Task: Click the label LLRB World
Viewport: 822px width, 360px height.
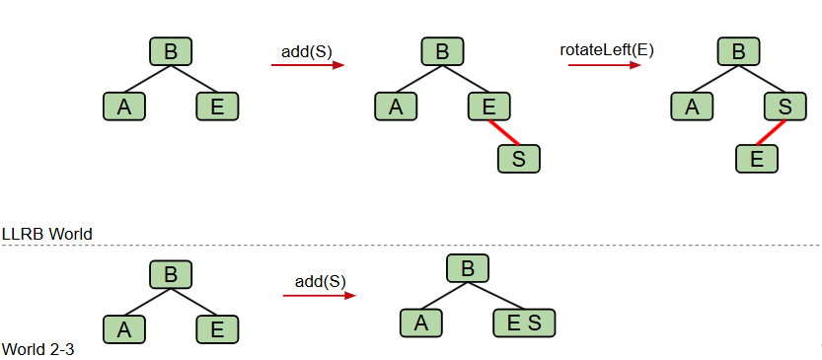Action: pyautogui.click(x=47, y=235)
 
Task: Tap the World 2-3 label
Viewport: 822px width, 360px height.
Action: pyautogui.click(x=40, y=350)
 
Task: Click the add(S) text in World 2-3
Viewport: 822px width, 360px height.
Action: pyautogui.click(x=321, y=281)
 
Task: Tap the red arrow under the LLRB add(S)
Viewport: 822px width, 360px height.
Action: pyautogui.click(x=307, y=66)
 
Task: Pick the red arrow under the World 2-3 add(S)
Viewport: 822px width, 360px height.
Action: pyautogui.click(x=319, y=295)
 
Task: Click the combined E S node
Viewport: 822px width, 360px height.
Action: pyautogui.click(x=524, y=322)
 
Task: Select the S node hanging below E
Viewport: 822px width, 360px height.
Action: pyautogui.click(x=519, y=159)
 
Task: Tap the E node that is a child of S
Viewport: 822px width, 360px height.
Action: pyautogui.click(x=757, y=158)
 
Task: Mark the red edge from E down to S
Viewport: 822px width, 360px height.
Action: pyautogui.click(x=504, y=132)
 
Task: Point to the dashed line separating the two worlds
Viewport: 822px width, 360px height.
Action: pyautogui.click(x=411, y=245)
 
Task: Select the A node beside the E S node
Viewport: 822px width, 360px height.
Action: pyautogui.click(x=420, y=322)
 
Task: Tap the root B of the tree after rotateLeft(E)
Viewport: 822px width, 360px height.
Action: pyautogui.click(x=739, y=51)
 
